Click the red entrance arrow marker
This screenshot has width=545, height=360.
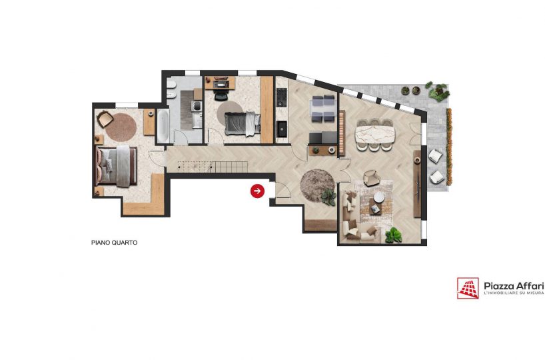(x=257, y=191)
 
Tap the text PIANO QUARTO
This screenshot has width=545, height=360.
(x=114, y=243)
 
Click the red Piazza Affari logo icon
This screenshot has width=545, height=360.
(x=468, y=288)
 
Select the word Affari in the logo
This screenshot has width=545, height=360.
(x=530, y=286)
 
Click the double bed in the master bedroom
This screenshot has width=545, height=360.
(x=116, y=166)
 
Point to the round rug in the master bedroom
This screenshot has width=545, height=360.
(x=121, y=127)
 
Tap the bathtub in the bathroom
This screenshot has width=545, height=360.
(x=163, y=126)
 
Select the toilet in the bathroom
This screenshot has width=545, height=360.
(x=171, y=85)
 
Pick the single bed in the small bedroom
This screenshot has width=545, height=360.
(x=242, y=124)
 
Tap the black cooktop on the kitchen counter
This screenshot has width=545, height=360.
(x=281, y=97)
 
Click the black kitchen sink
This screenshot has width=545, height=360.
(x=282, y=129)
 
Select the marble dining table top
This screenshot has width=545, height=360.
(x=375, y=134)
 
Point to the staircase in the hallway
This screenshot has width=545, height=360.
(x=213, y=167)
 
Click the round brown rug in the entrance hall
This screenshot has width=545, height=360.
(x=317, y=185)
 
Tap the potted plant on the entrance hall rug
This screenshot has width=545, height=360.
(x=328, y=198)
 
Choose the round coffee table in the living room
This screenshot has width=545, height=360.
(x=379, y=197)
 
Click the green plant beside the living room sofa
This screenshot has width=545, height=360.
(x=394, y=235)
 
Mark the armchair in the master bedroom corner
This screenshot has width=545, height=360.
(x=105, y=119)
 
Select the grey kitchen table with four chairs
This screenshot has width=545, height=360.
(x=324, y=109)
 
